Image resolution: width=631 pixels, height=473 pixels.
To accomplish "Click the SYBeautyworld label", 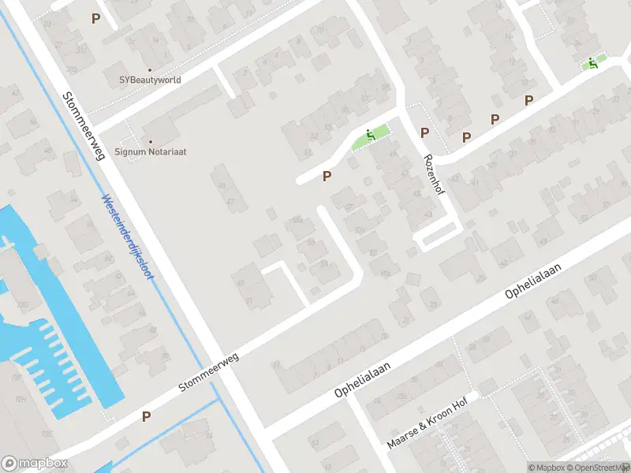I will (x=150, y=80).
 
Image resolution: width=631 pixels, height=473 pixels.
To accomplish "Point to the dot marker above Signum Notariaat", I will (x=151, y=141).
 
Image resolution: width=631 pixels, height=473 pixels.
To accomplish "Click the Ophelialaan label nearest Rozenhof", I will (x=533, y=281).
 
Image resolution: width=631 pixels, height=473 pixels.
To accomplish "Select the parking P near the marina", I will (x=146, y=415).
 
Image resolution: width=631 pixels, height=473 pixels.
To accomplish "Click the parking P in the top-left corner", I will (x=96, y=18).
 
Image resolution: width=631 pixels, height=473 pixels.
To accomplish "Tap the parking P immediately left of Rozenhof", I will (x=424, y=132).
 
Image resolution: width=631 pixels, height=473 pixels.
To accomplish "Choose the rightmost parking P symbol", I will (x=528, y=100).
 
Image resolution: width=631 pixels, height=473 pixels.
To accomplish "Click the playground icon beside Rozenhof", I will (x=370, y=135).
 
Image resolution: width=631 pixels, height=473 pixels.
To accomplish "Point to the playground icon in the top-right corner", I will (x=592, y=63).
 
